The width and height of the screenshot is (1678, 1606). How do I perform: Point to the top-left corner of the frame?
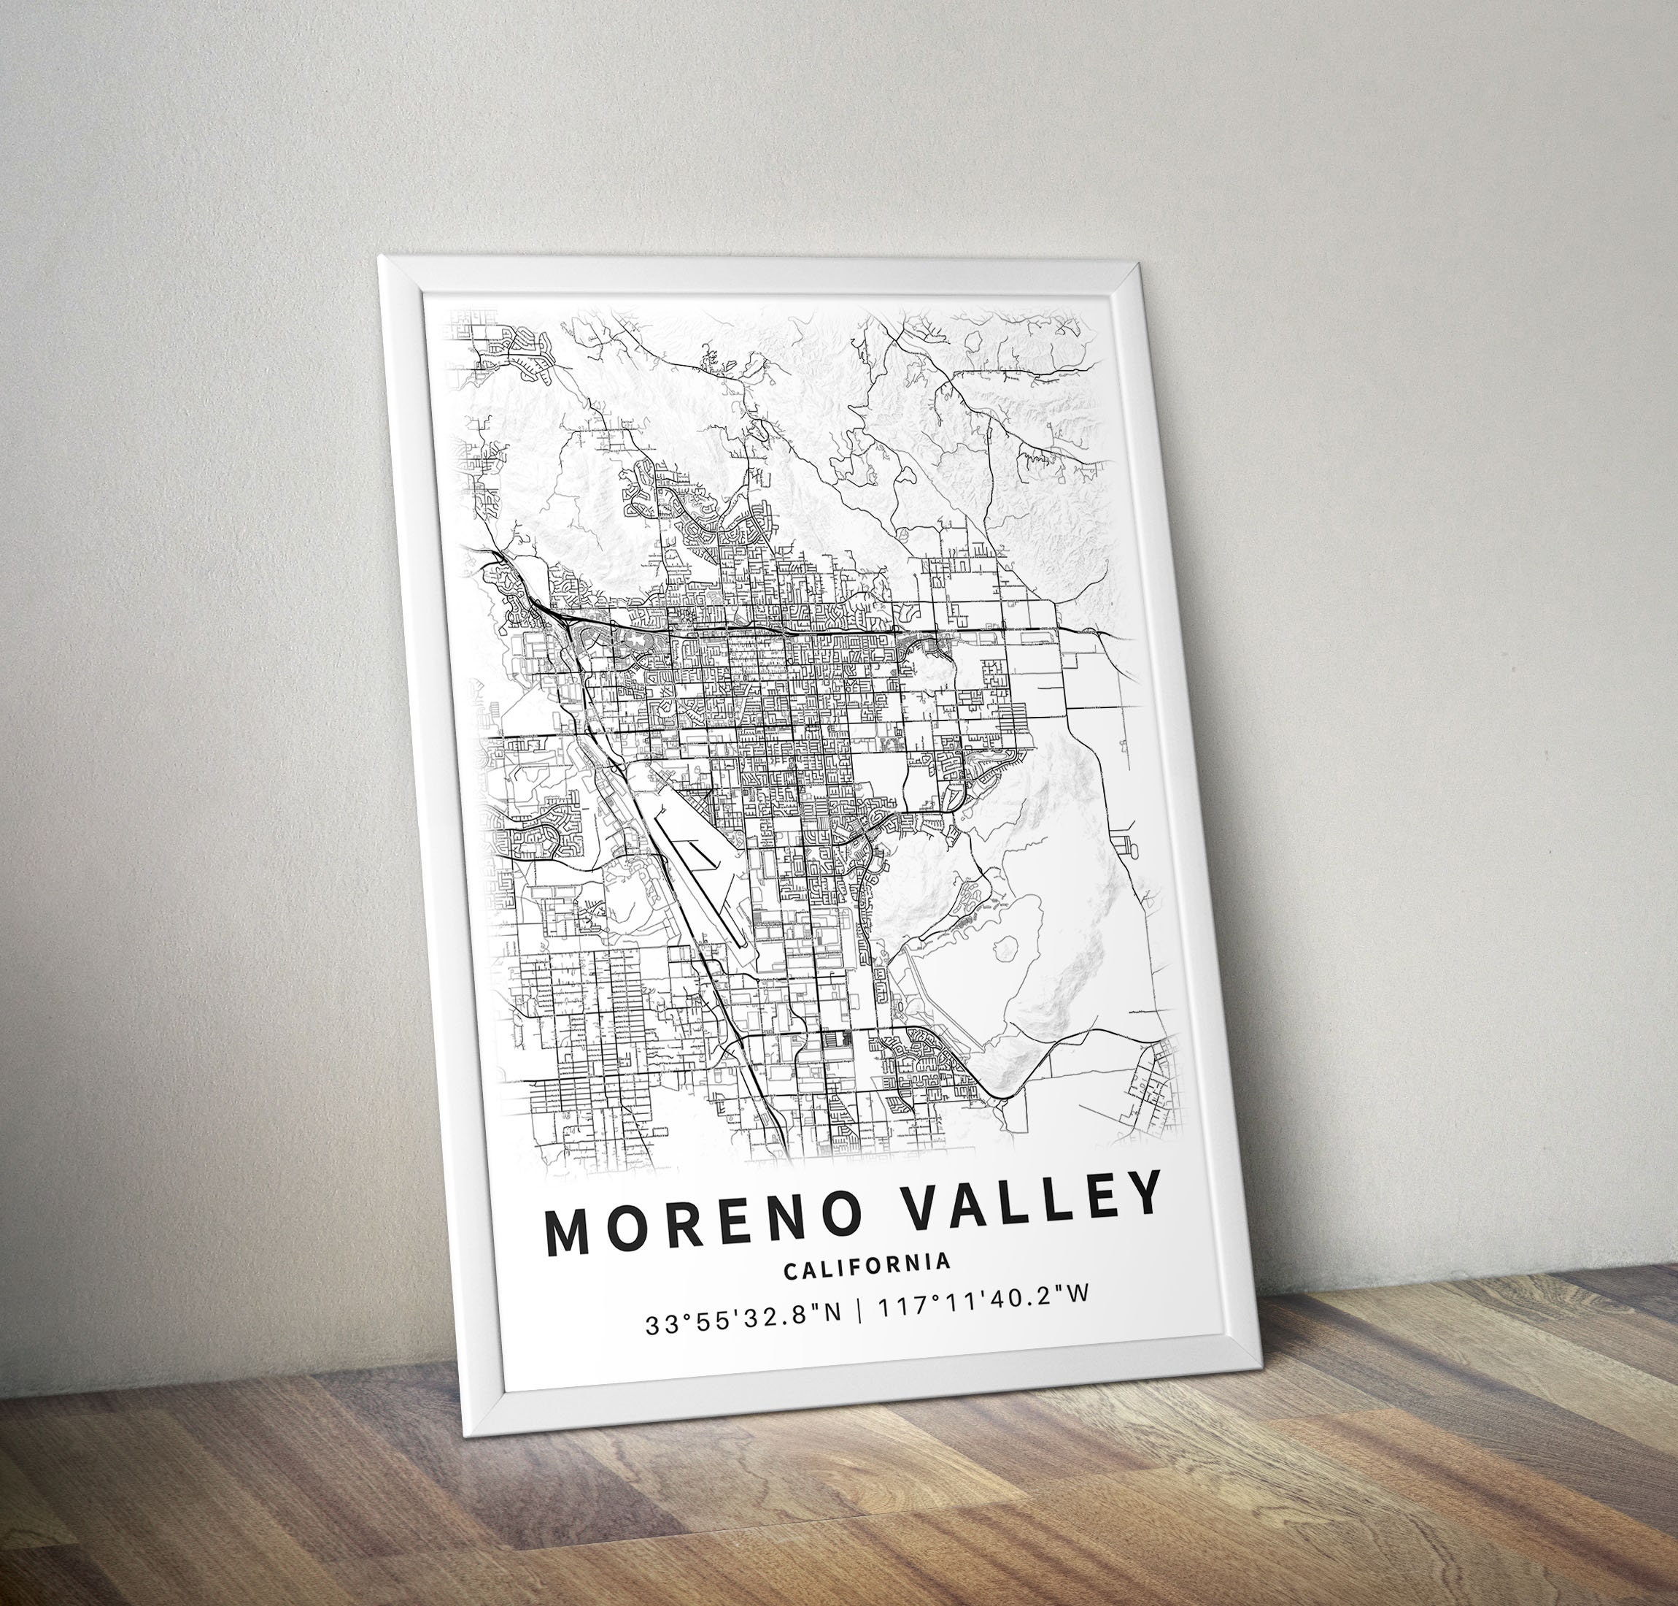[380, 255]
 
